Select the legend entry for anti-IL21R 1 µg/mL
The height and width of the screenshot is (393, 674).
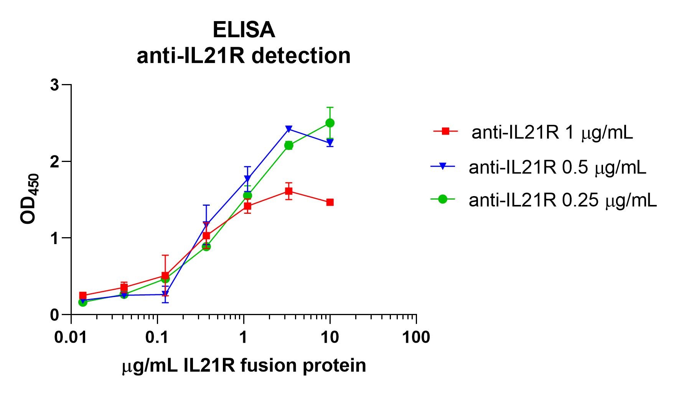tap(552, 132)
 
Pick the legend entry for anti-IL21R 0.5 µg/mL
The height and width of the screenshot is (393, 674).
tap(557, 167)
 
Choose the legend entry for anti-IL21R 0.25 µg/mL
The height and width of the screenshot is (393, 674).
tap(562, 200)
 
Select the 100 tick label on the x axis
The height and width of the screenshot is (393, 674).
tap(416, 337)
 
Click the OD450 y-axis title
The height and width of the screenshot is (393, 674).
tap(30, 199)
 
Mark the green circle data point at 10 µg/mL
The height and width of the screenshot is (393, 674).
tap(330, 123)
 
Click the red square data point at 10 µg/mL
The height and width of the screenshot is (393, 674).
tap(330, 202)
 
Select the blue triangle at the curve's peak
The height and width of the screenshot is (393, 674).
tap(289, 129)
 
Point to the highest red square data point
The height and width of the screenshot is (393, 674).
tap(289, 191)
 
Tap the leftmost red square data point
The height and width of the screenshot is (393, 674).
tap(83, 296)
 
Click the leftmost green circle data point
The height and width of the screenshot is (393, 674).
tap(83, 302)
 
